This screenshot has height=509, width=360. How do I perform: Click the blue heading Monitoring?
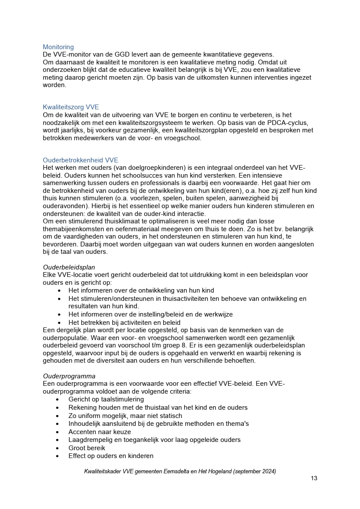click(x=58, y=47)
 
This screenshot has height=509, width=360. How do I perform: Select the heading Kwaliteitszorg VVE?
click(x=71, y=107)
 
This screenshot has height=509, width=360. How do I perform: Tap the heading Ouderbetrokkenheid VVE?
click(x=81, y=160)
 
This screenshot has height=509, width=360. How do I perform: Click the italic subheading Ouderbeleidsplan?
click(x=69, y=267)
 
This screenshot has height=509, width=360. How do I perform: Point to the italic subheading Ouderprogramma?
click(x=69, y=376)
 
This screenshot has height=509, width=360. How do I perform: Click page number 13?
click(x=314, y=478)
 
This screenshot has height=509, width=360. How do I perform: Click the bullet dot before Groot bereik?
click(x=57, y=448)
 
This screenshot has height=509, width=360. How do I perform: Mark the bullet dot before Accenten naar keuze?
click(x=57, y=432)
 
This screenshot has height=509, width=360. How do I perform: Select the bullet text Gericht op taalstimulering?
click(x=106, y=399)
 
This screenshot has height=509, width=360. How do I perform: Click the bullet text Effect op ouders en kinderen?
click(x=111, y=456)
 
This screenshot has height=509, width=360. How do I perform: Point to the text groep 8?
click(x=188, y=345)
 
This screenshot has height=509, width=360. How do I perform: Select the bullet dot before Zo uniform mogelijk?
click(x=57, y=416)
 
